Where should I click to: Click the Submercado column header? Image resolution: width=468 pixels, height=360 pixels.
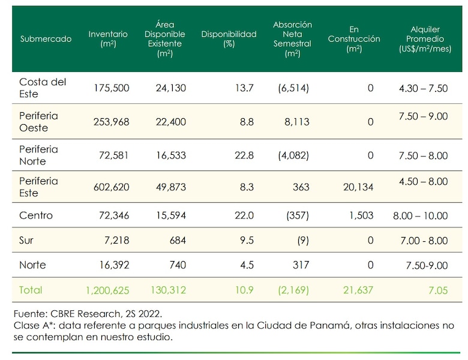point(46,39)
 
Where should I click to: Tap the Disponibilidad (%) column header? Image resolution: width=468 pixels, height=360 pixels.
point(229,39)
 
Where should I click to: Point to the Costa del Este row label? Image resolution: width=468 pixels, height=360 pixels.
point(43,88)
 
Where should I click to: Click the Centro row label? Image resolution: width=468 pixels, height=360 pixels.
point(36,215)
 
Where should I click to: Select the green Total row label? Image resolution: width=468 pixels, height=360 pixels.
point(31,290)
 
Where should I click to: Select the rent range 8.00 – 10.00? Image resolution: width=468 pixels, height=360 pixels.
point(423,215)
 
